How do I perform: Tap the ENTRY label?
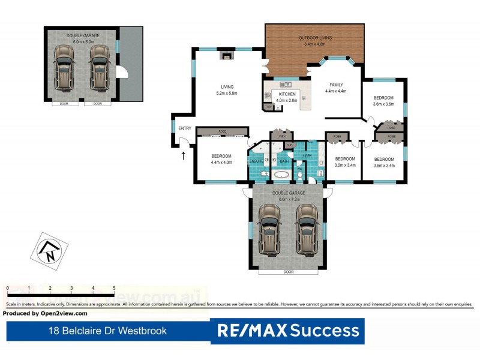point(185,128)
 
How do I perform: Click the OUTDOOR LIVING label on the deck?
point(315,38)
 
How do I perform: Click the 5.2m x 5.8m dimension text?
point(226,93)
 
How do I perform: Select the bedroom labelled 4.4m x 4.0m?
point(221,159)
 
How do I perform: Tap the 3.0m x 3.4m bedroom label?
point(345,164)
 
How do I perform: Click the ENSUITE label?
point(256,161)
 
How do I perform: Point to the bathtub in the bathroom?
point(281,175)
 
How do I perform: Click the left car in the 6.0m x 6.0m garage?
point(63,68)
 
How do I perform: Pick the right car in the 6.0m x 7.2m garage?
point(307,229)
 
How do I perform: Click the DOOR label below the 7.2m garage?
point(289,272)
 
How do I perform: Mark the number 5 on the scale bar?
point(114,289)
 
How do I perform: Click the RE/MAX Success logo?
point(287,331)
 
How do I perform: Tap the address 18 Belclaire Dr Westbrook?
point(107,331)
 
